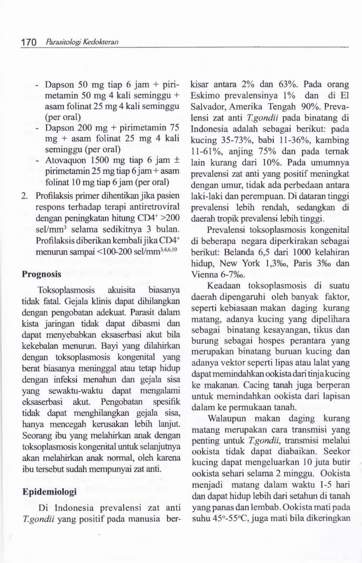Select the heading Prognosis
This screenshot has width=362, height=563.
point(41,274)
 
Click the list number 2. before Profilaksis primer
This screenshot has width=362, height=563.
point(25,196)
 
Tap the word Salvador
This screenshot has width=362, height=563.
point(208,107)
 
